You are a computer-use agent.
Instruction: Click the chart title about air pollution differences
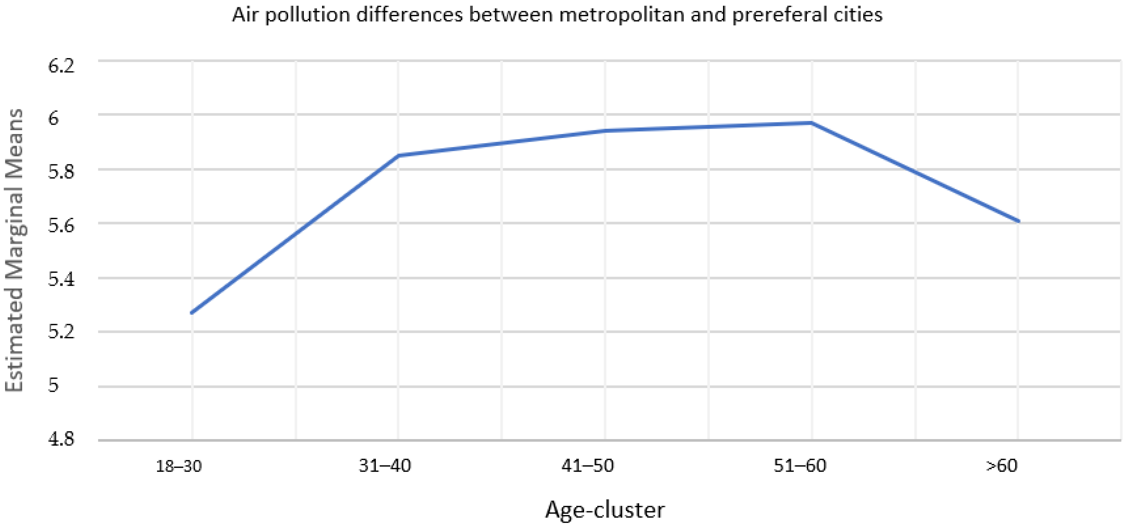557,15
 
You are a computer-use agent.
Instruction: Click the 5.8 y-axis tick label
61,171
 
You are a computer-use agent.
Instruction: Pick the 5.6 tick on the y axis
61,226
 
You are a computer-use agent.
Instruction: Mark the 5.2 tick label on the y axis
61,332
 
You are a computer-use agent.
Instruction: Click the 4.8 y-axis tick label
61,439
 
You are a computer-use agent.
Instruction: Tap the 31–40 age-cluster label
385,466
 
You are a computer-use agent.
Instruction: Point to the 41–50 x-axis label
588,466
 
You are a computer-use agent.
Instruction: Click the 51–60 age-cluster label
800,466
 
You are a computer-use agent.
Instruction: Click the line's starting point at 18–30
192,313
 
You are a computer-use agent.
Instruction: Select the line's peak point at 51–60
812,123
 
